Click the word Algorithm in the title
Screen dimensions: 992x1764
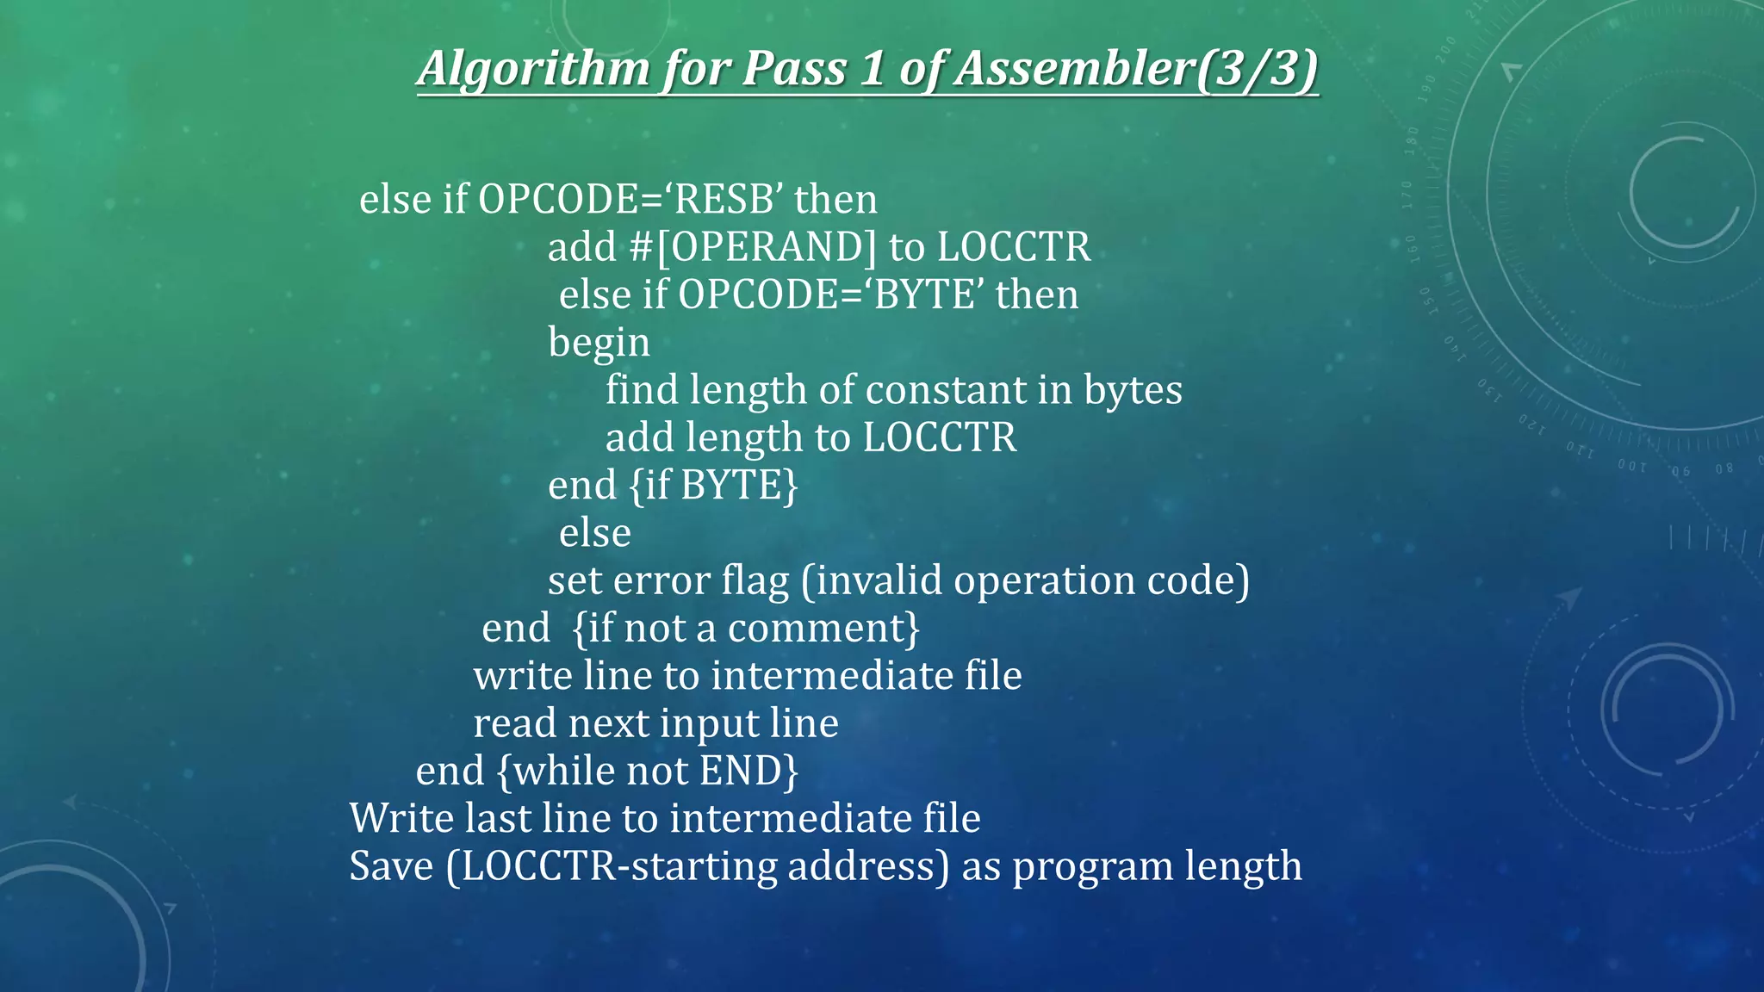(x=534, y=69)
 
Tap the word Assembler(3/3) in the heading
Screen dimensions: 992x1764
(x=1136, y=69)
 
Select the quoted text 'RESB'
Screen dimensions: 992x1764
(x=724, y=200)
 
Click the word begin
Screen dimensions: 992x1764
(x=599, y=343)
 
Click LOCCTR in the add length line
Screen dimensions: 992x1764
(x=939, y=437)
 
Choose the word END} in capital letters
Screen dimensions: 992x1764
(x=749, y=771)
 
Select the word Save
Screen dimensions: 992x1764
(x=391, y=866)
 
